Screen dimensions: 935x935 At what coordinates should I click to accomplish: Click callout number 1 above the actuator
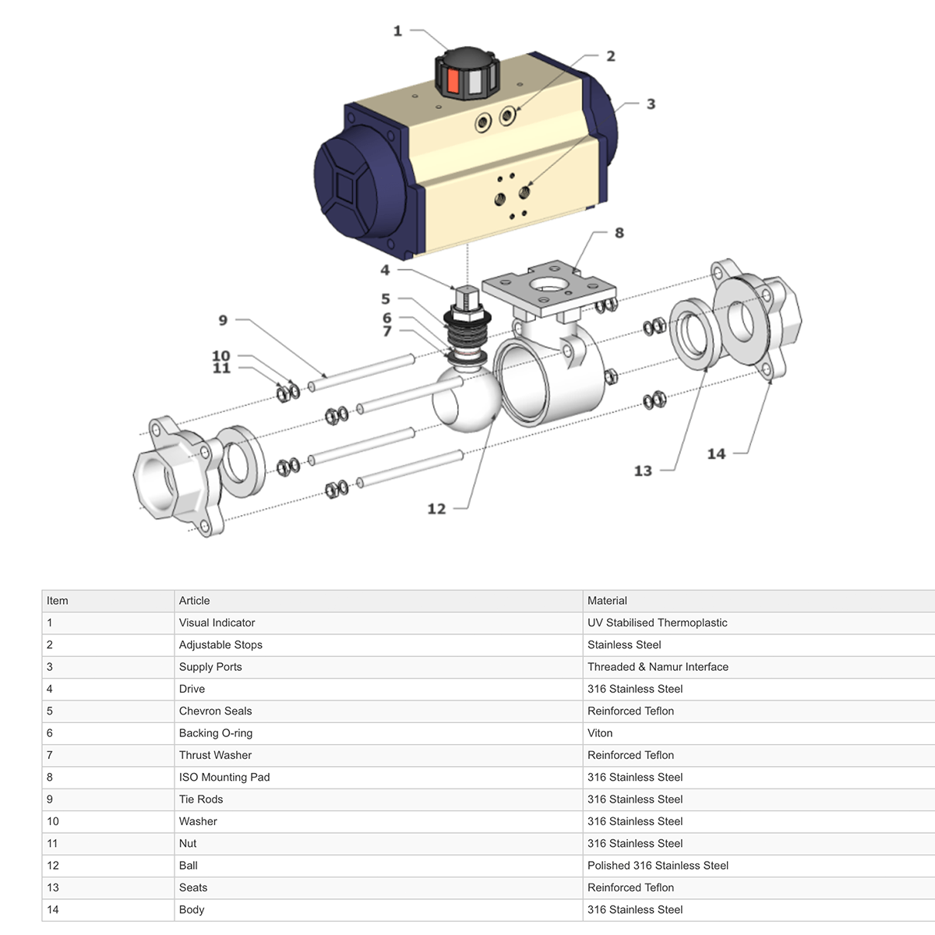(397, 31)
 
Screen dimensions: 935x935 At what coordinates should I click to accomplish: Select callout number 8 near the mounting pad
(619, 233)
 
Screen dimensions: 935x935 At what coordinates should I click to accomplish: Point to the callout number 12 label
(436, 509)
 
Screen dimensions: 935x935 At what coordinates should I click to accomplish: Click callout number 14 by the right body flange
(716, 453)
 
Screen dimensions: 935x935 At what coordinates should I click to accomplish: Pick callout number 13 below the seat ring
(643, 471)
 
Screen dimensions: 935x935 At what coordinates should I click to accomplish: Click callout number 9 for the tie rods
(223, 320)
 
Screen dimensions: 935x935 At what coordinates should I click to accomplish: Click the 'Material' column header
(607, 601)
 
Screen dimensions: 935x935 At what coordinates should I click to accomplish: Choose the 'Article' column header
(194, 601)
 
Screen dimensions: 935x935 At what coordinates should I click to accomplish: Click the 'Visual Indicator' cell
(217, 623)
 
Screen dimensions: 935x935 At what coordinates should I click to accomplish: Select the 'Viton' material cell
(600, 733)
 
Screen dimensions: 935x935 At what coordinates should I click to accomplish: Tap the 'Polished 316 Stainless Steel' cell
(658, 866)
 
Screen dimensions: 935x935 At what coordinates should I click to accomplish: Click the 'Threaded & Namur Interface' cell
(658, 667)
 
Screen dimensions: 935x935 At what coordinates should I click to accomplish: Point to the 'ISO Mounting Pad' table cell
(224, 777)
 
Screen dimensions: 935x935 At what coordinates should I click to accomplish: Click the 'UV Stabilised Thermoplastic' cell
(657, 623)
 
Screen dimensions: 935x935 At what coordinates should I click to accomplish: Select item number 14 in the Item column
(53, 909)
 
